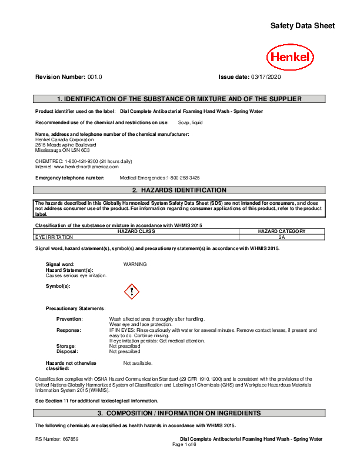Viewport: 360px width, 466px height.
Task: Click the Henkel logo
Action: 290,58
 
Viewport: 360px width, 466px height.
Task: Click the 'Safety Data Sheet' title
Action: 302,26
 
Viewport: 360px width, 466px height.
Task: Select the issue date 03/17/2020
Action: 266,77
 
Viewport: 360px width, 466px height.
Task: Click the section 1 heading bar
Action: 179,99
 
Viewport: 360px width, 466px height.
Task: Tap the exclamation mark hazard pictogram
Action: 132,291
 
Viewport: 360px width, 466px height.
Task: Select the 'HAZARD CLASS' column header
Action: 136,231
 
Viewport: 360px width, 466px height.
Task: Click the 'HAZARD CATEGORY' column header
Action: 282,231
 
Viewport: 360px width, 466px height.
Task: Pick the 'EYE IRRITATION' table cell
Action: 54,237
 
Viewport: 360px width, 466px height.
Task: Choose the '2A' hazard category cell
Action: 282,237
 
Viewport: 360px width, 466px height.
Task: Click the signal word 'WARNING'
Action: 135,264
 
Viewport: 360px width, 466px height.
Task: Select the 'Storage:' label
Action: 66,347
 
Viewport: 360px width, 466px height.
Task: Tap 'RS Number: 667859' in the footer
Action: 57,440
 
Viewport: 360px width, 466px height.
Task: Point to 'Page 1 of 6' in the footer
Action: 184,444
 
